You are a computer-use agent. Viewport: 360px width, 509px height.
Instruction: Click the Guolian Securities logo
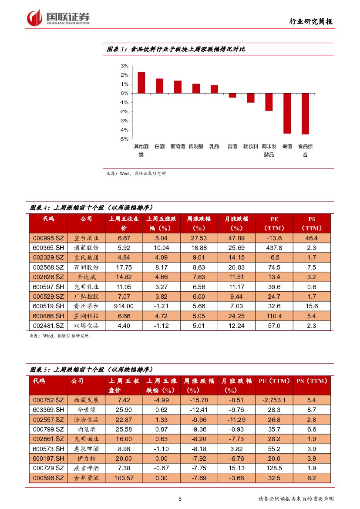click(x=58, y=18)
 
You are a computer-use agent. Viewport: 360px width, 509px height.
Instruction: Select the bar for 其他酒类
click(x=141, y=83)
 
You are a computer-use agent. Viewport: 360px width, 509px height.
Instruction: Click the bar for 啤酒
click(x=287, y=113)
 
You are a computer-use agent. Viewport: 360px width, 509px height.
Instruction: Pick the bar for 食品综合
click(x=305, y=114)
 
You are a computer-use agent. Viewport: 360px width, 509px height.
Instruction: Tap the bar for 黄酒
click(x=232, y=95)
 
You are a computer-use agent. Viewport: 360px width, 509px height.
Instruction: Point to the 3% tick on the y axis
click(x=124, y=66)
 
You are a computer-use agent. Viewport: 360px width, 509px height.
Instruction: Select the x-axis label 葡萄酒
click(x=178, y=147)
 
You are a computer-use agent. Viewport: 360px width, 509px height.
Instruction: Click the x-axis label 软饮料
click(x=251, y=147)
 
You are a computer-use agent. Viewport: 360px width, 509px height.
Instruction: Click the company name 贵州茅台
click(x=87, y=306)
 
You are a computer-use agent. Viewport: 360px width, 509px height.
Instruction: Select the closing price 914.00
click(x=124, y=306)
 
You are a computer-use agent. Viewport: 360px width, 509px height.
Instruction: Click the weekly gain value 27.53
click(x=199, y=238)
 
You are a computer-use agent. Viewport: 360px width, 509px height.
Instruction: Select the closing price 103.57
click(x=124, y=478)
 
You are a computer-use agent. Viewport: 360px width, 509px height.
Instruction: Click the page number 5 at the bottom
click(x=180, y=499)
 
